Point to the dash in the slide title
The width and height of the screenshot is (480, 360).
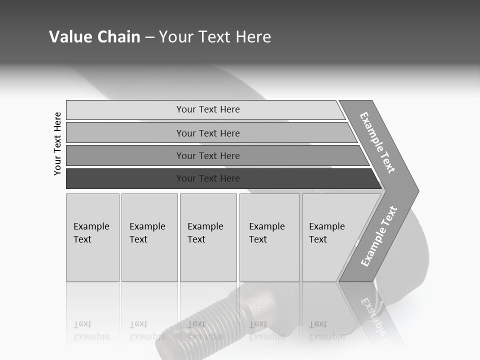[x=149, y=37]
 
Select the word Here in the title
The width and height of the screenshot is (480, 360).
[x=253, y=36]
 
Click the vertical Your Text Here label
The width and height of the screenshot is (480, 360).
[x=57, y=143]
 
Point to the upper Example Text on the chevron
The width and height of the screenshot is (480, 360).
[x=377, y=142]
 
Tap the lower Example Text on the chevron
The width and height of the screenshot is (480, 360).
[x=378, y=236]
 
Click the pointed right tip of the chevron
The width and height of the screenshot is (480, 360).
[x=417, y=190]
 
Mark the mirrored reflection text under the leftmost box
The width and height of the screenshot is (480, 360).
[x=91, y=330]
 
